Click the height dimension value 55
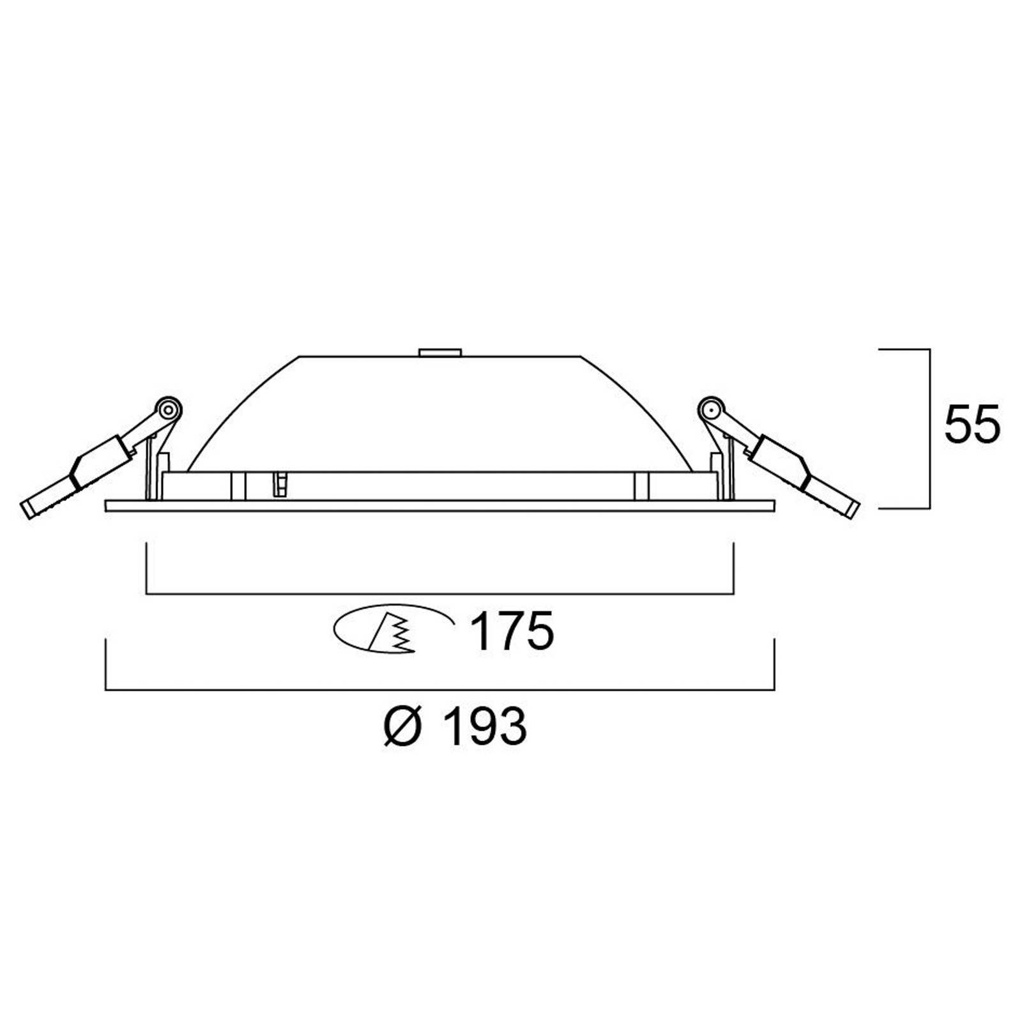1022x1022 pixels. coord(972,424)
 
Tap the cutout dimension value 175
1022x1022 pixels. coord(512,631)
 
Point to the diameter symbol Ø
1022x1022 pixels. coord(404,726)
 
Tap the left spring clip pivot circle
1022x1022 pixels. coord(168,408)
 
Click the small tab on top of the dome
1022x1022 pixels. coord(439,352)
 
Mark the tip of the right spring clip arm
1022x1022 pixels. coord(853,509)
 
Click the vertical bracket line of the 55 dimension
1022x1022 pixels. coord(929,428)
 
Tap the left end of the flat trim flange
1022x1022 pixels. coord(107,506)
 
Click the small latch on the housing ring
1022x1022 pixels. coord(279,484)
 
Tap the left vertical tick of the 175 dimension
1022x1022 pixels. coord(147,568)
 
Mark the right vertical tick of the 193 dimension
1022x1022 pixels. coord(774,664)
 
